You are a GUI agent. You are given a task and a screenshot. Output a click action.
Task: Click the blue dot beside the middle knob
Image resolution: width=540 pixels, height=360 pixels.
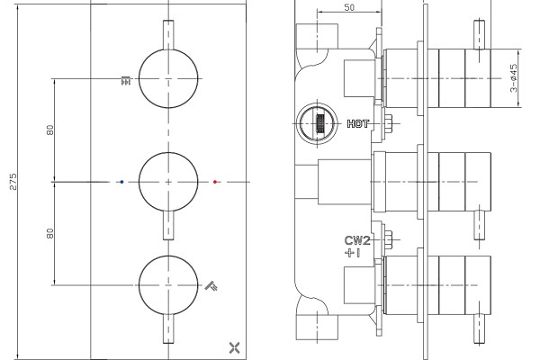pos(121,182)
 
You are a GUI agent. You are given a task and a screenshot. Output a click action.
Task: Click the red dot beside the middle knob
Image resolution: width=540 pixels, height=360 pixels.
pos(215,182)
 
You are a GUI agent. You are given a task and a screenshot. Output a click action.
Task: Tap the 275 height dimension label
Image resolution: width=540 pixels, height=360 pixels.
pos(13,182)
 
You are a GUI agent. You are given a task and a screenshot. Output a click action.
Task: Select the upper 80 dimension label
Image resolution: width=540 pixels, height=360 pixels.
pos(50,130)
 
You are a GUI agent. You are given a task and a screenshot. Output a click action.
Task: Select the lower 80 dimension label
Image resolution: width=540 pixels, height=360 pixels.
pos(50,233)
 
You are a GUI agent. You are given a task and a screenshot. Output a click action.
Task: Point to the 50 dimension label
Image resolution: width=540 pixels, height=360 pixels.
pos(349,7)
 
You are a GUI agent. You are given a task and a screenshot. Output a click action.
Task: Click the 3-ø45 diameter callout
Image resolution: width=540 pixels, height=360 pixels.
pos(514,78)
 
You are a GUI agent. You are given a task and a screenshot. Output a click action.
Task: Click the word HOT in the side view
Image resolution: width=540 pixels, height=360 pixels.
pos(357,123)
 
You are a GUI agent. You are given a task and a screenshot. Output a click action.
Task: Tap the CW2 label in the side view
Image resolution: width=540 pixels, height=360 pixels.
pos(357,240)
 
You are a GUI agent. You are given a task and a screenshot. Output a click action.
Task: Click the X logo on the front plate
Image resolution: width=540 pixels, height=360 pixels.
pos(235,347)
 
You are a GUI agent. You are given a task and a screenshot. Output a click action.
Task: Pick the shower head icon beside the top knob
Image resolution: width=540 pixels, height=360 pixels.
pos(126,80)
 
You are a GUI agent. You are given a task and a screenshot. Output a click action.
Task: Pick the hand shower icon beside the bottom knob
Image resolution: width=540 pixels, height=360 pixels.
pos(211,286)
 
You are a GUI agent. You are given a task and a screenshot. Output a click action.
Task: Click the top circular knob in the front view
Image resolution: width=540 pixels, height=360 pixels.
pos(168,78)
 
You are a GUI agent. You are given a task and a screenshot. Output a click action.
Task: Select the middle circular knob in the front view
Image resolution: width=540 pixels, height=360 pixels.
pos(168,182)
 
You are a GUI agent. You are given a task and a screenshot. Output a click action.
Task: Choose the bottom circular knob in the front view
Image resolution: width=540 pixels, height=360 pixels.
pos(168,285)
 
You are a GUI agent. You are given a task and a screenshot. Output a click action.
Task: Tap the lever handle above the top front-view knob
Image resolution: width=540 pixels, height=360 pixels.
pos(168,35)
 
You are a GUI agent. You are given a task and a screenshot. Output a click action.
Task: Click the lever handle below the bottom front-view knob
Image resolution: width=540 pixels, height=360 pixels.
pos(168,328)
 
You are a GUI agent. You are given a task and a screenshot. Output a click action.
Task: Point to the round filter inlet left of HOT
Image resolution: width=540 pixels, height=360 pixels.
pos(317,123)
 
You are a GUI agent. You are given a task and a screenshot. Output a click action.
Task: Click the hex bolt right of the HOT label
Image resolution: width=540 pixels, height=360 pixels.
pos(389,123)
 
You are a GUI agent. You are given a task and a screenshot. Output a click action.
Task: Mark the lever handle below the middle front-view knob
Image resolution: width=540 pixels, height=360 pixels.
pos(168,225)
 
